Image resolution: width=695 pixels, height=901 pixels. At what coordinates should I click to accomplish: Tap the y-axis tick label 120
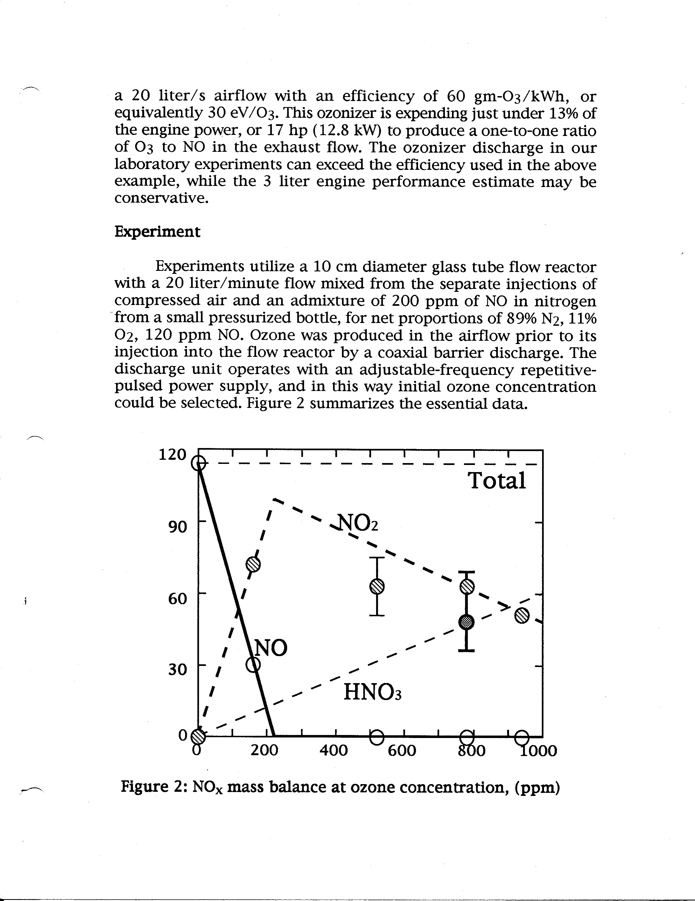click(x=173, y=454)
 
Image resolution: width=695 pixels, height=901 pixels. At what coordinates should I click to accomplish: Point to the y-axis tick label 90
click(x=178, y=527)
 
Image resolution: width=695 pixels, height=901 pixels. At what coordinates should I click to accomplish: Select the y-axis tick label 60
click(x=178, y=598)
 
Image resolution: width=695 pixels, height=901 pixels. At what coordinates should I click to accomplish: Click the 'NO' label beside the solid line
click(x=271, y=648)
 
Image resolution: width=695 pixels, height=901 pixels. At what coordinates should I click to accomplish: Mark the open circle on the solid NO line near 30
click(x=253, y=665)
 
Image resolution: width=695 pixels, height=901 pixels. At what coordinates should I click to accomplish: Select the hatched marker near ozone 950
click(x=522, y=616)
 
